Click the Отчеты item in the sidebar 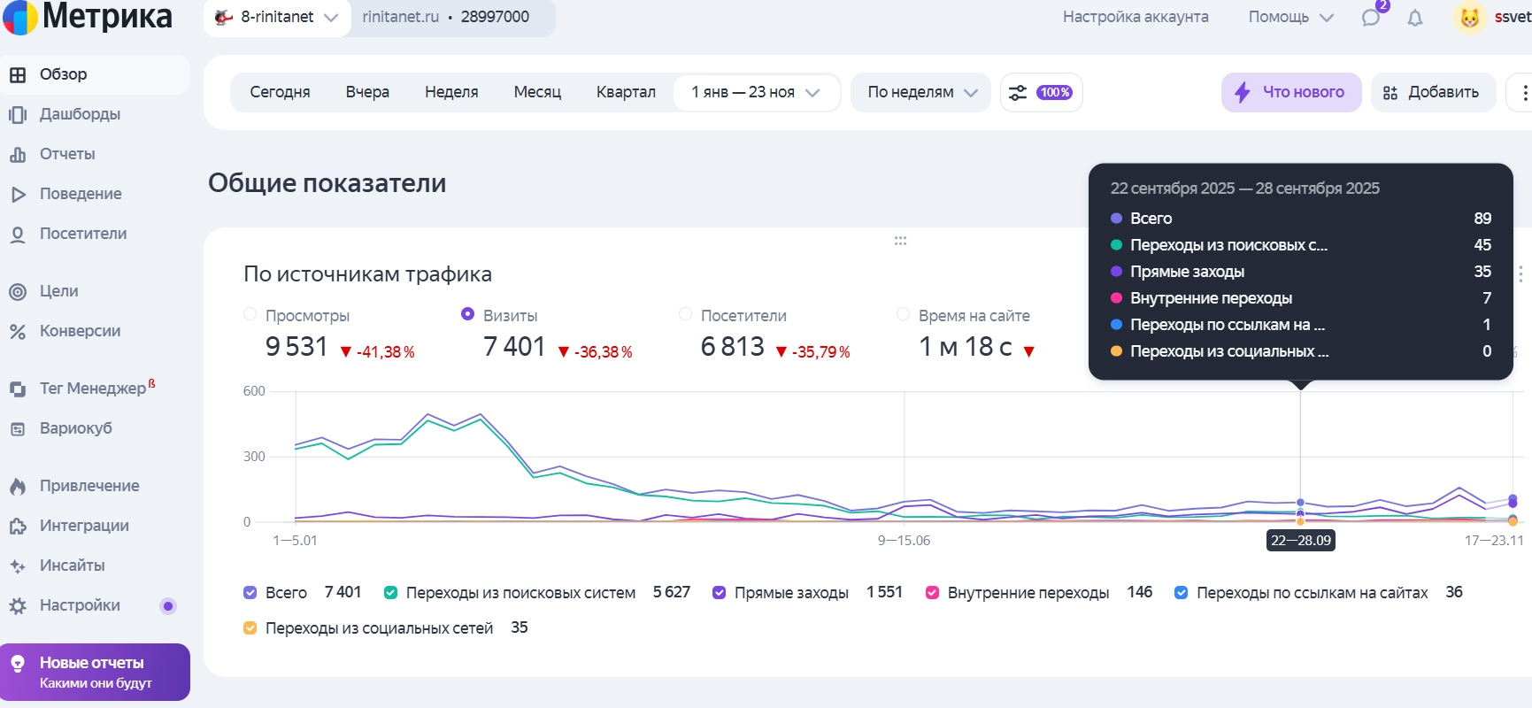coord(66,154)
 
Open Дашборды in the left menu coord(79,114)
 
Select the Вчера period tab coord(367,92)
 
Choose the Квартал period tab coord(626,92)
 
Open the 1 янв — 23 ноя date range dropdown coord(755,92)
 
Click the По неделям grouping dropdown coord(921,92)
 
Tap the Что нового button coord(1291,92)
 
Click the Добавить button coord(1432,92)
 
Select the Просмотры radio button coord(250,314)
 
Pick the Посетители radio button coord(685,314)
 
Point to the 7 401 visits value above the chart coord(514,347)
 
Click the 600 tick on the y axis coord(254,391)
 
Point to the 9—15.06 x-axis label coord(904,541)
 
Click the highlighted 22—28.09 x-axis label coord(1300,541)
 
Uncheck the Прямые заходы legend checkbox coord(720,593)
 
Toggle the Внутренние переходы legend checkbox coord(932,593)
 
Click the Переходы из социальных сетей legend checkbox coord(250,628)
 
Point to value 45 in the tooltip coord(1482,245)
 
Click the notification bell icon coord(1415,18)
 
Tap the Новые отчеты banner coord(95,672)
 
